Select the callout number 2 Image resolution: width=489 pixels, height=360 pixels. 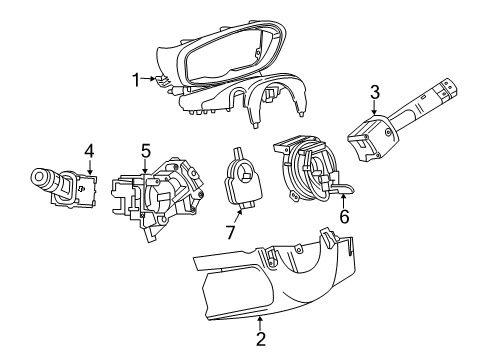261,339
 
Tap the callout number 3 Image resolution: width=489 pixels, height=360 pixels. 374,94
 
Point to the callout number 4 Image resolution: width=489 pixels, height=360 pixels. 89,151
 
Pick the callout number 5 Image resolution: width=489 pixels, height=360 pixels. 145,151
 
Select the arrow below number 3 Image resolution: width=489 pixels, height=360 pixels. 374,112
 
